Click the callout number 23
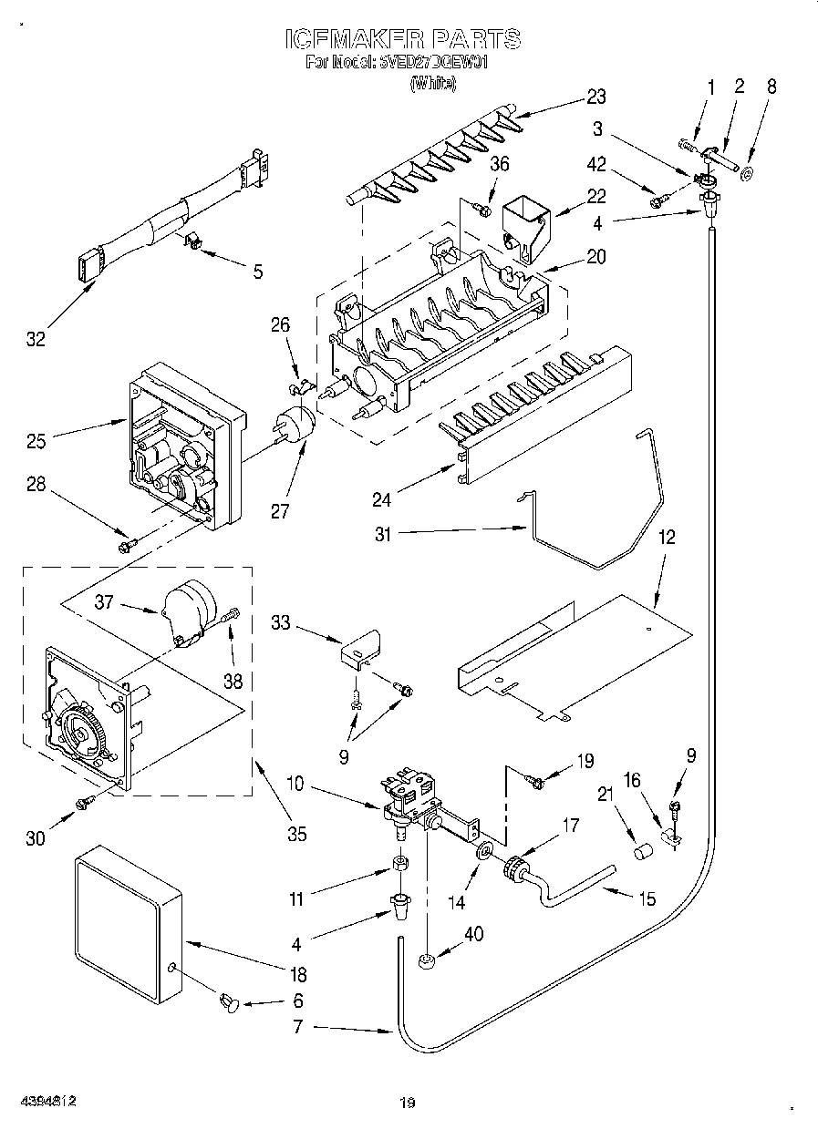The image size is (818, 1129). pyautogui.click(x=595, y=97)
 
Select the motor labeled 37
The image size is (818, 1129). pyautogui.click(x=189, y=610)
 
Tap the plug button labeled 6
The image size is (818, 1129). pyautogui.click(x=227, y=1003)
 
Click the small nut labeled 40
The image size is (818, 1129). pyautogui.click(x=426, y=960)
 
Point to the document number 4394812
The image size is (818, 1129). pyautogui.click(x=46, y=1101)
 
